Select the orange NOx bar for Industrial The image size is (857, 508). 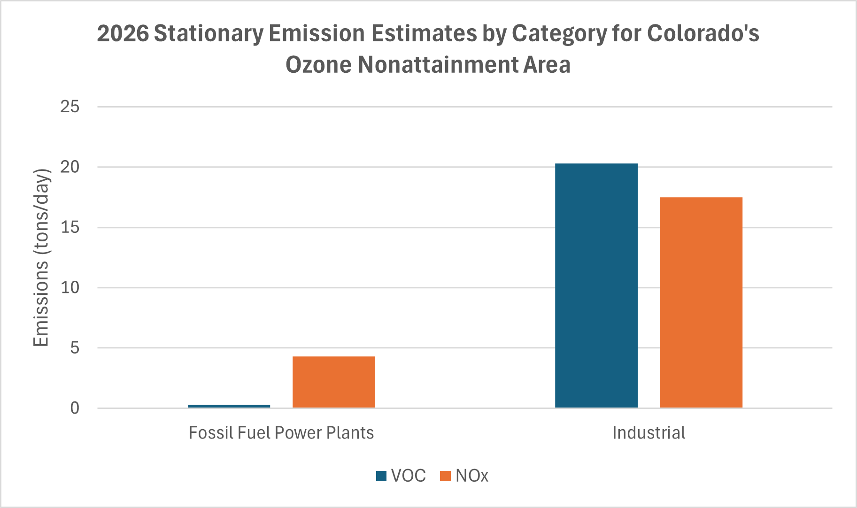701,302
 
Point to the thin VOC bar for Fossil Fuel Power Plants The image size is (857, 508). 229,406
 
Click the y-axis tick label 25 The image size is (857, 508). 69,107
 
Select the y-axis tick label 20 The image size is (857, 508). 69,167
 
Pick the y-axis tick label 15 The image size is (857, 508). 69,227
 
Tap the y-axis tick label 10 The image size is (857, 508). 69,287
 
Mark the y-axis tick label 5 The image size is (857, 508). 74,348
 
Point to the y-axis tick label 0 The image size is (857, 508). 75,408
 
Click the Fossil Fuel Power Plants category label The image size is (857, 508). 281,432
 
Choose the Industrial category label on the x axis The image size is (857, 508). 649,432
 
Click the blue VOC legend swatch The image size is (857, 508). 381,476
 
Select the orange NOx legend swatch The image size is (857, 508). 445,476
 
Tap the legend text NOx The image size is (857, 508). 471,476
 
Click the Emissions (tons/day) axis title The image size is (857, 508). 41,257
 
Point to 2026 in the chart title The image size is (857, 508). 123,34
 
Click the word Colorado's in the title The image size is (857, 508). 703,34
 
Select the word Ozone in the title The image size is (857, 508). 318,65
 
